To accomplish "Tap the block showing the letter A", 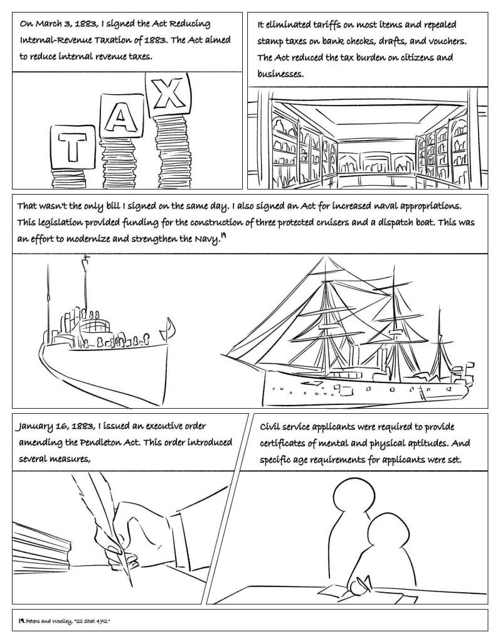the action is [x=122, y=117].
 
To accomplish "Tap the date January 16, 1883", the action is [x=57, y=426].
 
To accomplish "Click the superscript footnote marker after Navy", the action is [x=223, y=235].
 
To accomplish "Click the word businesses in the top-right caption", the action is [x=280, y=74].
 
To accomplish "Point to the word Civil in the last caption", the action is [x=269, y=427].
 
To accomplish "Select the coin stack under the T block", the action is [x=69, y=179].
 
